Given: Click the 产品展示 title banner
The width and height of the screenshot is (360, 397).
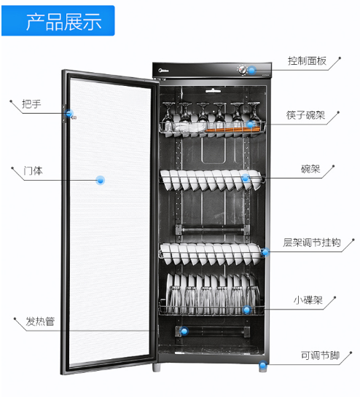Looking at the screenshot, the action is coord(58,21).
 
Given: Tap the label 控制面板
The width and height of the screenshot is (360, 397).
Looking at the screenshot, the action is coord(307,61).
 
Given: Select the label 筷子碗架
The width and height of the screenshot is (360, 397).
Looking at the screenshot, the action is coord(305,115).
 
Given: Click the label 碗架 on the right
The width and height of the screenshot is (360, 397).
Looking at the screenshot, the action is coord(310,169).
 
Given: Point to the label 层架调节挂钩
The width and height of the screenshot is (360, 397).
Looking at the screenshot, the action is coord(312,243).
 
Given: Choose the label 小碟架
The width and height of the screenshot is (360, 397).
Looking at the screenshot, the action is coord(308,300).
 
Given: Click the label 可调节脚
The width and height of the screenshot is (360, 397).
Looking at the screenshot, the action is coord(320,355).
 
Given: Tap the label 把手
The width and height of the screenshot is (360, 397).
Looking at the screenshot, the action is coord(31,104).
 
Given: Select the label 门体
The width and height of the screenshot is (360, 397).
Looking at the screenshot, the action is coord(33,171).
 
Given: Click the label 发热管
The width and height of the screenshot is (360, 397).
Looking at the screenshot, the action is coord(40,321).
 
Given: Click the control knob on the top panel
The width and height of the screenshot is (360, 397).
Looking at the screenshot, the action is coord(243,69).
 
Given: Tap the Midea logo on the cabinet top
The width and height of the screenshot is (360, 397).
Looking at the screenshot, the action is coord(164,70).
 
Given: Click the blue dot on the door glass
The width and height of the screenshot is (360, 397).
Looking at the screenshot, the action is coord(101,180).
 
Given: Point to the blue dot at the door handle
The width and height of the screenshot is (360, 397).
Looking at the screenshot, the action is coord(69,114).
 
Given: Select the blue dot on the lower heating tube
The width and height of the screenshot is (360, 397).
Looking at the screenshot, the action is coord(184,331).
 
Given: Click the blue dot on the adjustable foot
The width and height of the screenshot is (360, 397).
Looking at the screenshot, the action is coord(263,366).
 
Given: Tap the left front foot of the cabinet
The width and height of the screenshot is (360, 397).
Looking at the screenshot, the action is coord(157,368).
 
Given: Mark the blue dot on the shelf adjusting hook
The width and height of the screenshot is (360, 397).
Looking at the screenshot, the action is coord(265,252).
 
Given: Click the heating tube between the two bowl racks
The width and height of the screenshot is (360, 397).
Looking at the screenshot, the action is coord(212,230).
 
